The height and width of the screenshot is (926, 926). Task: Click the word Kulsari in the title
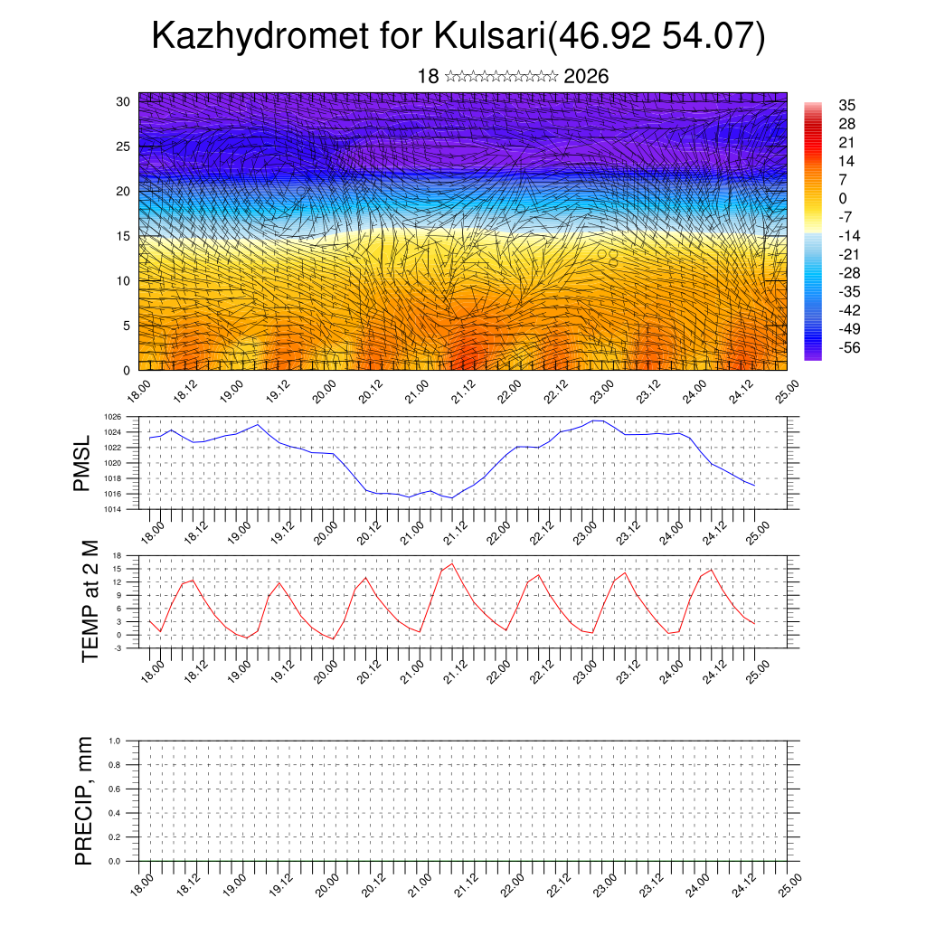coord(489,37)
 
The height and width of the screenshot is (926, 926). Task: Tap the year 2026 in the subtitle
coord(586,77)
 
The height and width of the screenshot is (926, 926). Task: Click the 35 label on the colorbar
coord(847,105)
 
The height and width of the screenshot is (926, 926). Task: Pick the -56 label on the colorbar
coord(849,347)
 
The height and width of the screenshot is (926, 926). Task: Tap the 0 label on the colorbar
coord(843,198)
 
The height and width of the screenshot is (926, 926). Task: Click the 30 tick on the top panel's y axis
coord(122,101)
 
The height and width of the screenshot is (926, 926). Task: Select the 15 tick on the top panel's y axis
coord(122,236)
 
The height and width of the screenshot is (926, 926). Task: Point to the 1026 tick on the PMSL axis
coord(112,417)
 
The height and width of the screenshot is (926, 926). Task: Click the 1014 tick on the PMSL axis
coord(112,509)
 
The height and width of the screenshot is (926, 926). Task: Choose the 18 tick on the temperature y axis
coord(117,555)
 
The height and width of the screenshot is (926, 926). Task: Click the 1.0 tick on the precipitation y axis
coord(115,741)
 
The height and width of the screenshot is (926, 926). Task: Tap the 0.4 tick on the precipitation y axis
coord(115,813)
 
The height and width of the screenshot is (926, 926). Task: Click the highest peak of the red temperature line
coord(452,563)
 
